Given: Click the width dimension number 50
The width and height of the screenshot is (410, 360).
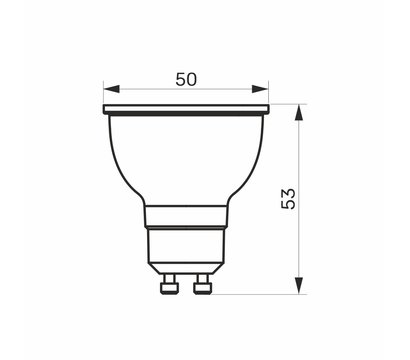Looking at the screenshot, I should (x=186, y=79).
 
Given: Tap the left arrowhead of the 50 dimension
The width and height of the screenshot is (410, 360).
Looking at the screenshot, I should (x=108, y=90).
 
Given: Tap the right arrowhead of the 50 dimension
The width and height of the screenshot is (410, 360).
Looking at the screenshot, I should (x=264, y=90).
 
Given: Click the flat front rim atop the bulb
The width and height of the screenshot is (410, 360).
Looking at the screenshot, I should (x=186, y=109).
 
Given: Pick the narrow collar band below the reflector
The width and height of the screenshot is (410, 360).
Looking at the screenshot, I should (x=186, y=216).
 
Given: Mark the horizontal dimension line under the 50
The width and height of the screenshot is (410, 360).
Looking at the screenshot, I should (x=150, y=90).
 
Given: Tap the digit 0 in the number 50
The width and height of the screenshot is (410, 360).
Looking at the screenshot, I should (x=193, y=79).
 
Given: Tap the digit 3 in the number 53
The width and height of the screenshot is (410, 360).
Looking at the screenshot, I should (x=289, y=189).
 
